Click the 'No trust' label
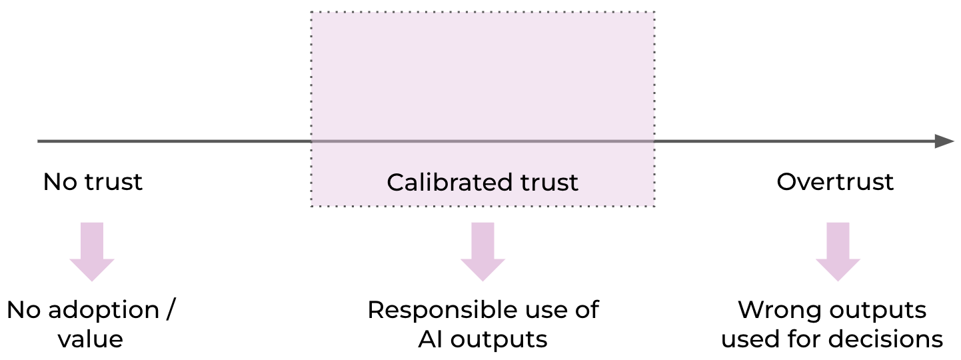click(x=93, y=182)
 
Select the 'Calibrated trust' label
click(x=482, y=182)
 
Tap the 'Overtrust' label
click(x=835, y=182)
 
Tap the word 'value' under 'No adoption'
click(x=90, y=339)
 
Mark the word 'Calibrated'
click(x=441, y=182)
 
